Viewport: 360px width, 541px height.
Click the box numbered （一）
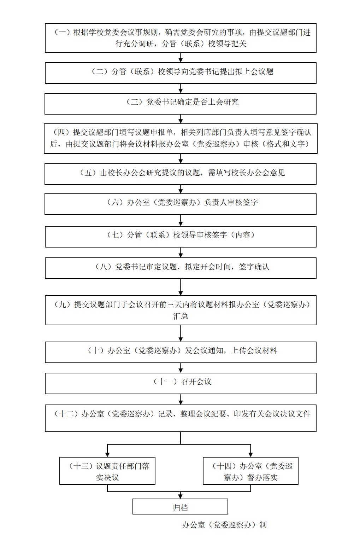181,38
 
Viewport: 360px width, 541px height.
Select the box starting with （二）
181,73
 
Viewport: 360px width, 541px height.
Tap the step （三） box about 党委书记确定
181,104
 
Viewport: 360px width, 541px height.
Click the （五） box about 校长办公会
181,174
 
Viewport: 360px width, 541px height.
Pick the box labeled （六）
181,204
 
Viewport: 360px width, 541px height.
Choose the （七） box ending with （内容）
181,237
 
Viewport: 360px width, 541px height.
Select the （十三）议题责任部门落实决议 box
107,471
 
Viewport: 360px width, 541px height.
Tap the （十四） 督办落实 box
250,471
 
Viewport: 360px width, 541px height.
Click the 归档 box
180,506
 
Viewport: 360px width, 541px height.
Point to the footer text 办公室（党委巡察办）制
224,525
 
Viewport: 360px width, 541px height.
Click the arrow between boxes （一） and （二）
181,58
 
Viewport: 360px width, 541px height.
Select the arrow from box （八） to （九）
181,287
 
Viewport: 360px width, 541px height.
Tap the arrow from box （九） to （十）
181,333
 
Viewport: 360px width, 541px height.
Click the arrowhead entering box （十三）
107,454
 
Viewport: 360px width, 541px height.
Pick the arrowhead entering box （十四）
250,454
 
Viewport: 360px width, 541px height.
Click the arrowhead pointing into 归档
181,496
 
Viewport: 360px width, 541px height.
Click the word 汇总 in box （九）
181,316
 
